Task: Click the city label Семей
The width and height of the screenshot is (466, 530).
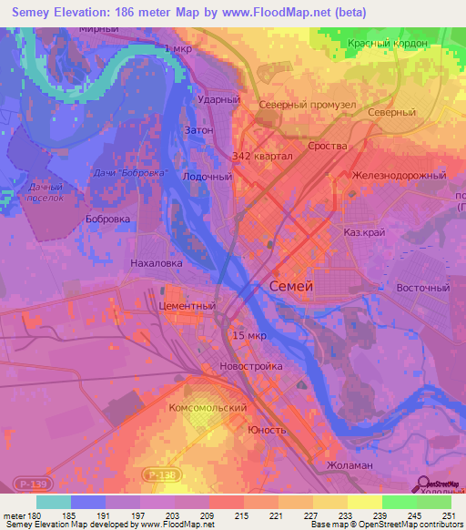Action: coord(292,286)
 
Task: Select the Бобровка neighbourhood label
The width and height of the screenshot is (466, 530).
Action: coord(107,219)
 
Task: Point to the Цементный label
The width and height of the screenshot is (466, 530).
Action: coord(187,306)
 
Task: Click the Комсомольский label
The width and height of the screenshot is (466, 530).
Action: coord(208,409)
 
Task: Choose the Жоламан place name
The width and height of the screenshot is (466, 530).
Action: coord(349,465)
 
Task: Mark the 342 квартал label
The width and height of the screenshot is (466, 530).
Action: coord(262,156)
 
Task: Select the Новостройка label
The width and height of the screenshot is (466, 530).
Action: coord(251,366)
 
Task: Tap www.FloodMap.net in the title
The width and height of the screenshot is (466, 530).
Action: coord(263,14)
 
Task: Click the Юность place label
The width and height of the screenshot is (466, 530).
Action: coord(268,429)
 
